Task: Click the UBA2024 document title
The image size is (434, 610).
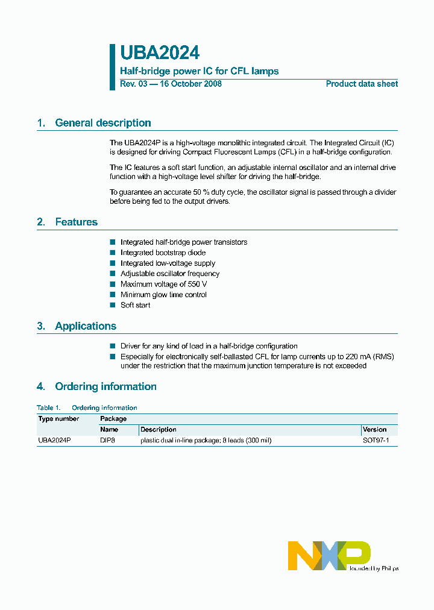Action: pos(160,54)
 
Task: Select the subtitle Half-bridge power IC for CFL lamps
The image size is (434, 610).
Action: pos(199,71)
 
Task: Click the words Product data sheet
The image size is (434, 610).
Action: pos(362,84)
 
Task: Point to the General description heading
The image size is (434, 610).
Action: pos(102,123)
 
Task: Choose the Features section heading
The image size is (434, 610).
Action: pos(76,222)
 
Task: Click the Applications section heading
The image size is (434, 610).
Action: pos(85,326)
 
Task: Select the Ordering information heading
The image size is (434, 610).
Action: pos(105,387)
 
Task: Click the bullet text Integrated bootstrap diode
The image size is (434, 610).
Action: pos(163,253)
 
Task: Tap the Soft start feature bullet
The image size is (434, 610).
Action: pos(135,305)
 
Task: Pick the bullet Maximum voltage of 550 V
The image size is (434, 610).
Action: pos(163,284)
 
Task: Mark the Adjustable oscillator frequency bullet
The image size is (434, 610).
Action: pos(169,274)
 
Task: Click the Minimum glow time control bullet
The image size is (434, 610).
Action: pos(163,295)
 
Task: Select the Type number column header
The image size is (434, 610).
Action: pos(58,418)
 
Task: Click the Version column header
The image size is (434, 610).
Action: pos(374,430)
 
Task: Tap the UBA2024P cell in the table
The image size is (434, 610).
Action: pos(54,441)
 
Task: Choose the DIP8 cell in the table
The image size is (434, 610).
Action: pos(108,441)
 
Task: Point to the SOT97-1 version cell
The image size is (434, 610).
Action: pos(376,441)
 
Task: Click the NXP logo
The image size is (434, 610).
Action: pos(329,555)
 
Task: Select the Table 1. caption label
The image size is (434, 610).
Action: pos(48,408)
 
